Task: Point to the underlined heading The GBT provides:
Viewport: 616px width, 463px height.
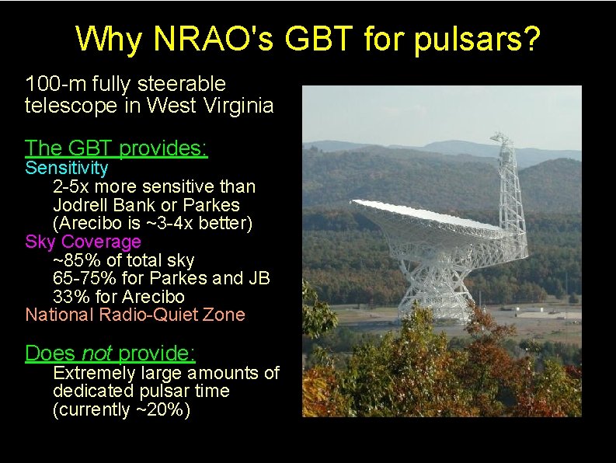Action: (117, 148)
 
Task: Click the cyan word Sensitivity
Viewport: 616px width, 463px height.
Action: (67, 168)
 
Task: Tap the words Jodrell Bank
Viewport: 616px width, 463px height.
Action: (104, 205)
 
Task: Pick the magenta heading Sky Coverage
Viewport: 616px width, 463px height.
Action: (83, 242)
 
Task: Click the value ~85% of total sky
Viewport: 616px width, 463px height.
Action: (124, 260)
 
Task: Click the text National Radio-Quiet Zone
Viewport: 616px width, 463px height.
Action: (135, 315)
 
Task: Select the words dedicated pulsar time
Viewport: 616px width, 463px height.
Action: (141, 392)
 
